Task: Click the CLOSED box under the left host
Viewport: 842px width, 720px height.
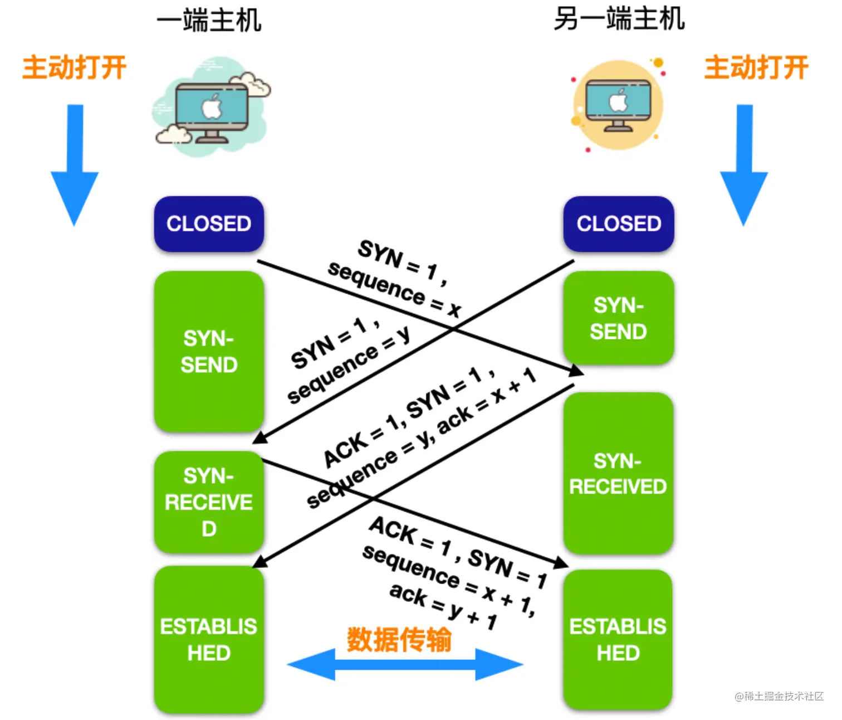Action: [x=209, y=224]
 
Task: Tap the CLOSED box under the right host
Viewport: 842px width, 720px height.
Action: [x=619, y=224]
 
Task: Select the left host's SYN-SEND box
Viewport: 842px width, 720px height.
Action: [x=209, y=352]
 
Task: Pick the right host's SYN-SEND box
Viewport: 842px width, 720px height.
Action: [x=619, y=318]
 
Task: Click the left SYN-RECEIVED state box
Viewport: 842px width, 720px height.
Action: [x=209, y=502]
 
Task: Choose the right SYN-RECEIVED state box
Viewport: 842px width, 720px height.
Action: [x=618, y=473]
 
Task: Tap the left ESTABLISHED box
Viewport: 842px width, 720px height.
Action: [x=209, y=639]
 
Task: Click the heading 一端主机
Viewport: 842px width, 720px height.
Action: [x=209, y=21]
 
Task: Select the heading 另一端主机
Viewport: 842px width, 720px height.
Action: [x=619, y=19]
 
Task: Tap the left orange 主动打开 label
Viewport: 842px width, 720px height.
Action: [x=74, y=67]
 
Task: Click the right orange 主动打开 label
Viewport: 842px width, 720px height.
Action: [x=756, y=67]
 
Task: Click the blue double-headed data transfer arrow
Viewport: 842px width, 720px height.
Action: [x=405, y=665]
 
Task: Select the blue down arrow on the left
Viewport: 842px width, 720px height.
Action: [x=75, y=165]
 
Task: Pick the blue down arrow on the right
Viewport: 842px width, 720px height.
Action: [x=744, y=165]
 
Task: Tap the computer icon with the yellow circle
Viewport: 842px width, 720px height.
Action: [x=618, y=105]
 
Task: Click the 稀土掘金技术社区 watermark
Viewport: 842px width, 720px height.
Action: [x=779, y=696]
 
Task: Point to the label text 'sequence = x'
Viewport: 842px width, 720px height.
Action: [x=394, y=289]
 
